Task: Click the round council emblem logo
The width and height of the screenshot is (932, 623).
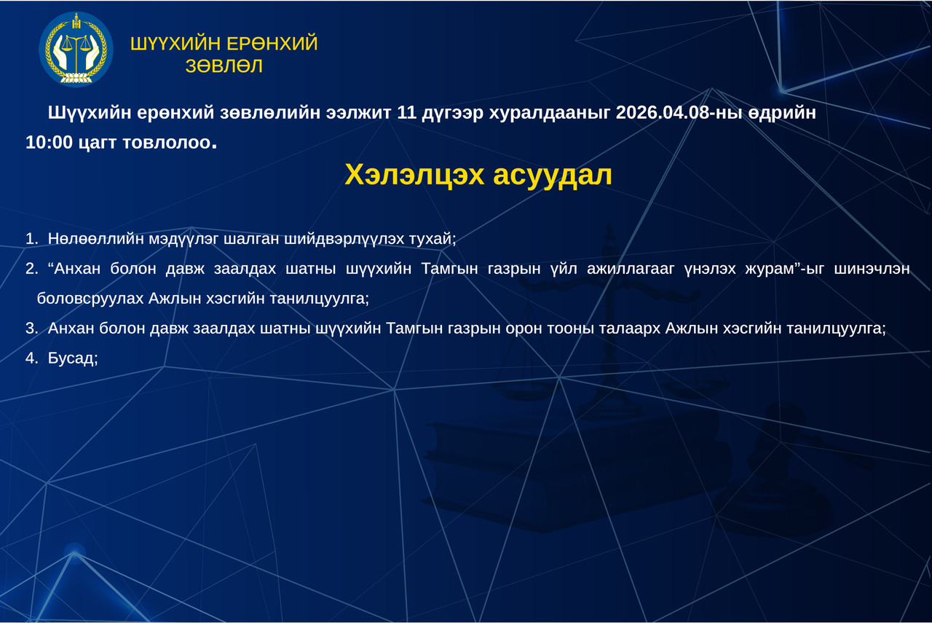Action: (76, 49)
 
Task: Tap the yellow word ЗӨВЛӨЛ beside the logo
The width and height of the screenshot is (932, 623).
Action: (224, 66)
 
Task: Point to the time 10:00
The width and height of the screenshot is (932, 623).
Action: (49, 142)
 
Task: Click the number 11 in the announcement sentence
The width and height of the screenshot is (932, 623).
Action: (406, 112)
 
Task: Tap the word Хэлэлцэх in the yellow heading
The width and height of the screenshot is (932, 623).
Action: (414, 175)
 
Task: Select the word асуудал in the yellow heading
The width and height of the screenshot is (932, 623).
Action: (553, 175)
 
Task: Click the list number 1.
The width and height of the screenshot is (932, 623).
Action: (31, 238)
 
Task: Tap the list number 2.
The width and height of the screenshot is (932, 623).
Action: (31, 269)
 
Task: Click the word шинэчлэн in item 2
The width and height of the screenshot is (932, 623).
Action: (872, 269)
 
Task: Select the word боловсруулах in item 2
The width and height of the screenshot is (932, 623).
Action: (90, 299)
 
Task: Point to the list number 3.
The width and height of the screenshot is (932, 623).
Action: (31, 328)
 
